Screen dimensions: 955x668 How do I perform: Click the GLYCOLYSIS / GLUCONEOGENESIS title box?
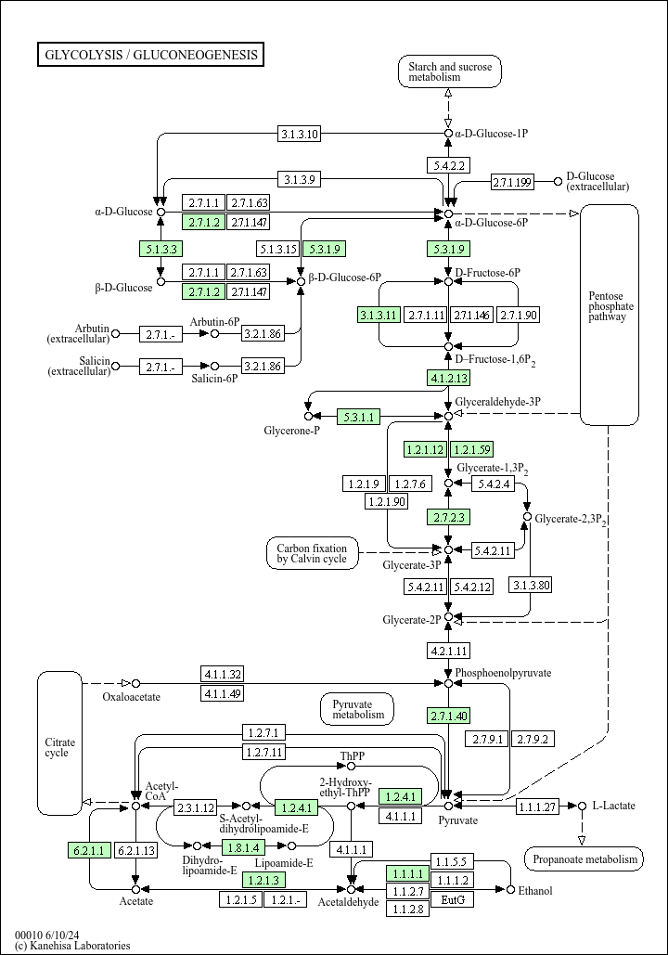coord(150,55)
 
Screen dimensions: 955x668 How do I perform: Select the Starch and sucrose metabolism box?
coord(450,71)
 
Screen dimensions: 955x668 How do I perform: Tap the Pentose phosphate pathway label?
coord(610,306)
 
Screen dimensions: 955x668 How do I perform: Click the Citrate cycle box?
coord(59,747)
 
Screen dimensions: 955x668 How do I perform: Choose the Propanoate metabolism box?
coord(584,859)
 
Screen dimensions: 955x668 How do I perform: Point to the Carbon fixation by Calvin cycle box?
coord(312,553)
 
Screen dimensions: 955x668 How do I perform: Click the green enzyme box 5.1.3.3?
coord(161,249)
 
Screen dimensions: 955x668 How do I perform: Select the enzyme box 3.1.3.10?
coord(300,134)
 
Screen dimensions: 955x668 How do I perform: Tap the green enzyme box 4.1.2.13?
coord(449,378)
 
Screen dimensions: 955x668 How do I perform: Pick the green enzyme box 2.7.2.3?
coord(449,516)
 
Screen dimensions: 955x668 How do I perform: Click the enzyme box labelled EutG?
coord(452,900)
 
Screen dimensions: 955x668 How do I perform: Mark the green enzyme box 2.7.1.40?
coord(449,716)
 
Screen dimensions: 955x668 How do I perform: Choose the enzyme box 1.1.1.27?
coord(537,806)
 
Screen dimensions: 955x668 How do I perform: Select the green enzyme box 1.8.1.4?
coord(243,846)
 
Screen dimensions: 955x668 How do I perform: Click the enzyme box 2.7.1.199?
coord(512,182)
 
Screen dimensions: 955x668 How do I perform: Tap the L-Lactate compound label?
coord(613,806)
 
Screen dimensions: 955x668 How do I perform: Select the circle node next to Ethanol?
coord(510,890)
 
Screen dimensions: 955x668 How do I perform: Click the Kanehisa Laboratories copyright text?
coord(72,946)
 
